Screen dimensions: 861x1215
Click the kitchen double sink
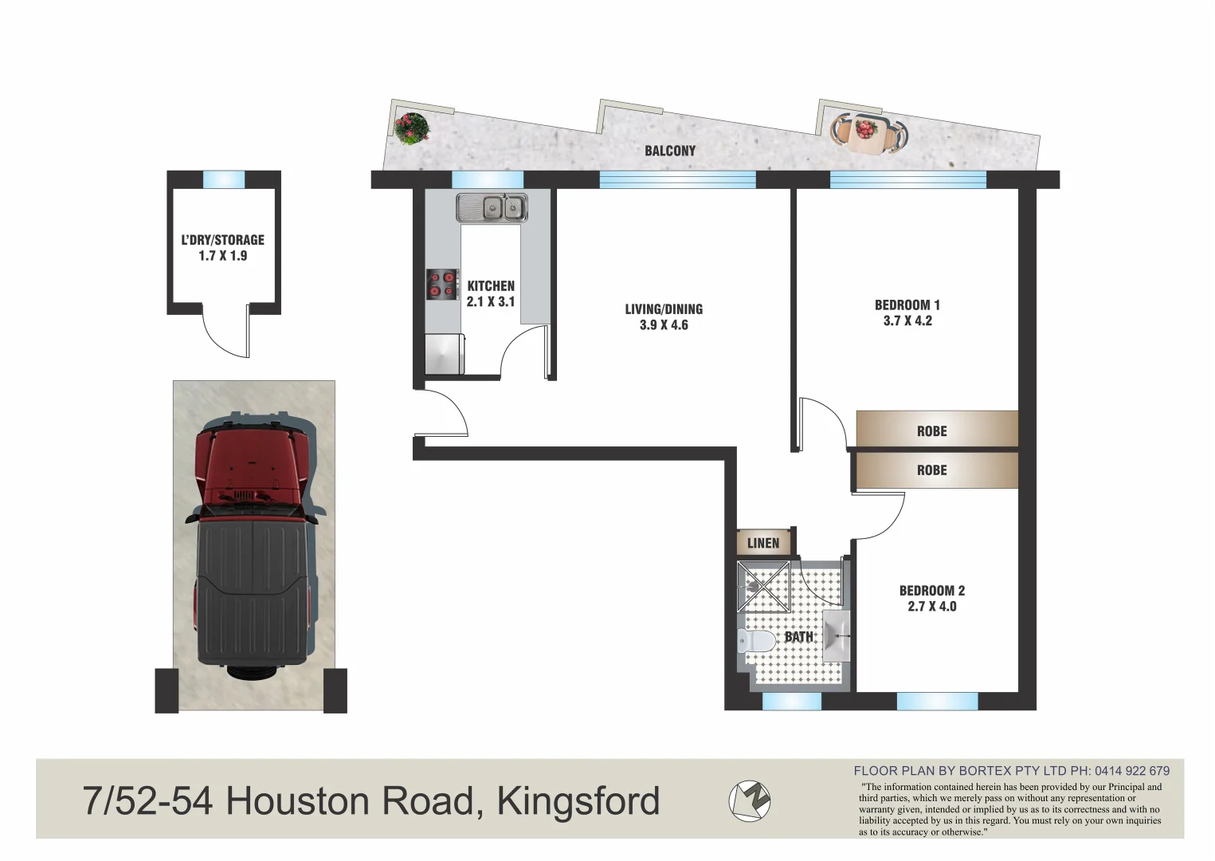click(492, 208)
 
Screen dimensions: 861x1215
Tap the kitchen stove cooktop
click(442, 285)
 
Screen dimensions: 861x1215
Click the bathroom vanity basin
click(835, 636)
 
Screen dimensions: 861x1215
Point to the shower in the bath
click(763, 586)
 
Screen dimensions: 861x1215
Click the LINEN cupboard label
click(762, 543)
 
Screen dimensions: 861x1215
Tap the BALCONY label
click(669, 151)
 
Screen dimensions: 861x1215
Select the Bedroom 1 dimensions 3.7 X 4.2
click(907, 321)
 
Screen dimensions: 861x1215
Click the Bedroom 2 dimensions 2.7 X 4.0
click(931, 607)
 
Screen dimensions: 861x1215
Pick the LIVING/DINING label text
click(664, 309)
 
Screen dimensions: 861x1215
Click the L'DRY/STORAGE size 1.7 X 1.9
click(222, 256)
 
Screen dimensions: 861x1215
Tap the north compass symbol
click(750, 800)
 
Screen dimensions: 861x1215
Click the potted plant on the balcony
click(411, 128)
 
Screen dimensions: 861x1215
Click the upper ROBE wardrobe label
click(931, 431)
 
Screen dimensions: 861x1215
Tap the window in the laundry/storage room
click(223, 179)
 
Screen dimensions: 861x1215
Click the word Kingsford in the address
click(578, 801)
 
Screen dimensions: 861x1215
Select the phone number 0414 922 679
click(1131, 771)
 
